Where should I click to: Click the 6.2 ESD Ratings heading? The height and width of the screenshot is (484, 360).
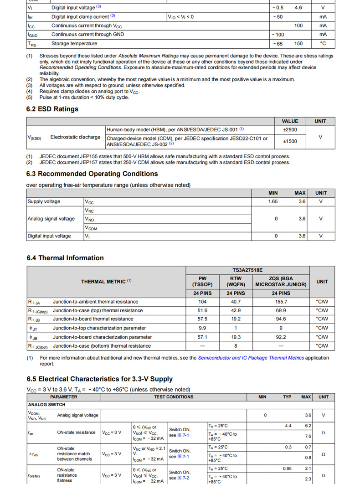pos(52,109)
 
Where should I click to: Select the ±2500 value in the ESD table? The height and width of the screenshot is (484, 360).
pos(290,129)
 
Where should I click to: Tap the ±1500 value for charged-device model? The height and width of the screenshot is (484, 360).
pos(290,141)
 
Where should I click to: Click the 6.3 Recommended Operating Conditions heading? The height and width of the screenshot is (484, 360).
pos(92,174)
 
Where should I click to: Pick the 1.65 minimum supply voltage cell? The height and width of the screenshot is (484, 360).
pos(273,201)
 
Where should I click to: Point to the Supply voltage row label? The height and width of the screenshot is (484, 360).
pos(44,201)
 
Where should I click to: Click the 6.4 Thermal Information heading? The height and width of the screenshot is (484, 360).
pos(65,258)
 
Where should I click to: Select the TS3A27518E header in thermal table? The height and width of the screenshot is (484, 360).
pos(247,270)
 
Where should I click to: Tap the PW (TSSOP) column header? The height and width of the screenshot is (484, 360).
pos(202,282)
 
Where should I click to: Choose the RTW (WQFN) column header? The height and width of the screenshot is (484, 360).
pos(236,282)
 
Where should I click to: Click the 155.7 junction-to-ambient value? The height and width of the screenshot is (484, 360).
pos(281,302)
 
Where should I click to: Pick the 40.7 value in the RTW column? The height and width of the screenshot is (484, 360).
pos(236,302)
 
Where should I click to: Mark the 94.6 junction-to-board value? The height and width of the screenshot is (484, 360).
pos(281,319)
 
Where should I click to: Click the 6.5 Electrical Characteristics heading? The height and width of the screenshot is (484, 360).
pos(99,379)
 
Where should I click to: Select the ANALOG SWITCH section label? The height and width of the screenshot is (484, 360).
pos(46,404)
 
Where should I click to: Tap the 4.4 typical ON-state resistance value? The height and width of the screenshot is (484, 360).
pos(288,426)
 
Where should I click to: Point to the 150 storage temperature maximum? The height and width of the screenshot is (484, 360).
pos(298,44)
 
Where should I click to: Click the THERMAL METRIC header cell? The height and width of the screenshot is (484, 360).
pos(106,282)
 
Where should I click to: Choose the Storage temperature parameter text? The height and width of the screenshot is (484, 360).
pos(74,44)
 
